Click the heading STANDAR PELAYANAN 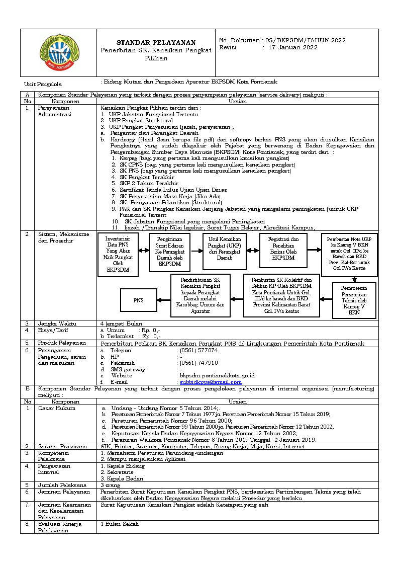coord(156,42)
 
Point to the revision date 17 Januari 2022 coord(293,47)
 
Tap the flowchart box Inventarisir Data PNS coord(118,254)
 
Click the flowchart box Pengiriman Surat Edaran coord(169,253)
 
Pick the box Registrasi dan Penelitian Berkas coord(283,249)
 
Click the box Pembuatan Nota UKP coord(349,254)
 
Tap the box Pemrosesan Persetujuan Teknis coord(354,300)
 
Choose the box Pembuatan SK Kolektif coord(281,295)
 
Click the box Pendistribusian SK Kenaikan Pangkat coord(201,295)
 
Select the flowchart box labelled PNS coord(138,300)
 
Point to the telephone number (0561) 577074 coord(199,350)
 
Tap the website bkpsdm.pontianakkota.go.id coord(217,375)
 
